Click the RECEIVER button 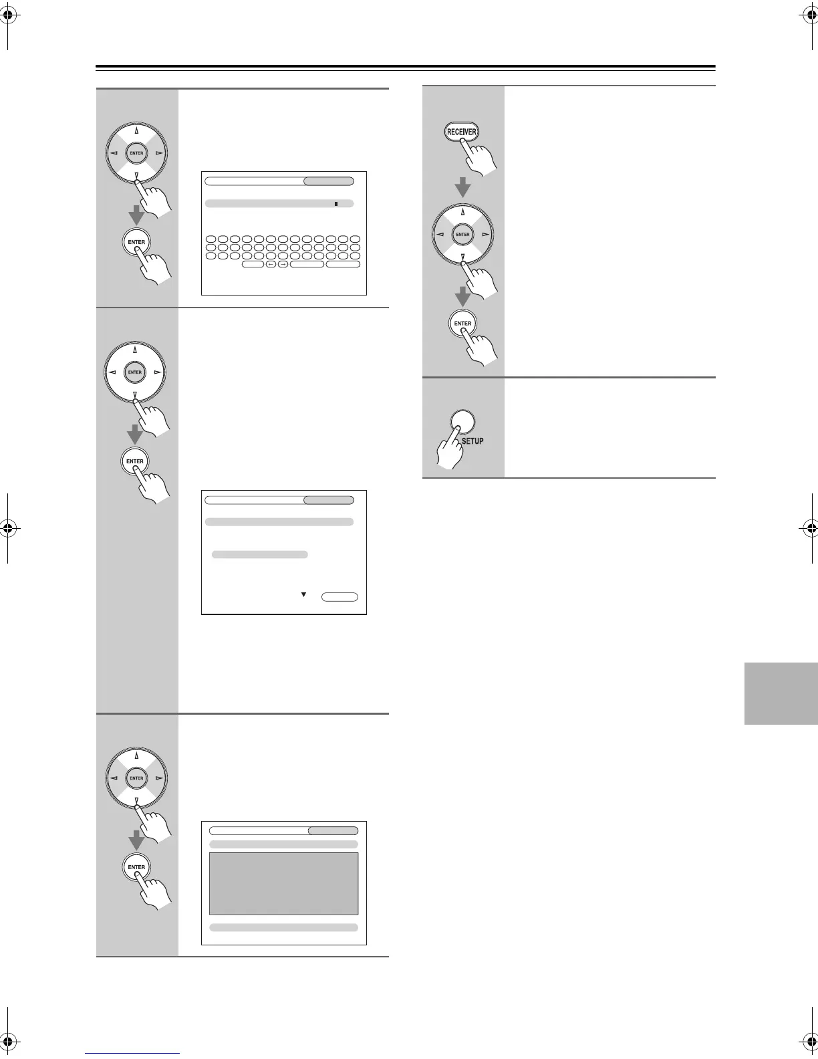tap(462, 132)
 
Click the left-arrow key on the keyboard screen tap(271, 265)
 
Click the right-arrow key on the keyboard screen tap(282, 265)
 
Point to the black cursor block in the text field tap(335, 203)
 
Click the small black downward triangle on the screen tap(303, 594)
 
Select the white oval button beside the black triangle tap(339, 597)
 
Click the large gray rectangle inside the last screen tap(283, 883)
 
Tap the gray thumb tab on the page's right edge tap(781, 693)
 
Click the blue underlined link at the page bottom tap(132, 1054)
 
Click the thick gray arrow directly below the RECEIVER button tap(462, 187)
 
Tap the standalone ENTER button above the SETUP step tap(462, 324)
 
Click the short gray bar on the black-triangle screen tap(259, 554)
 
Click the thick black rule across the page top tap(405, 67)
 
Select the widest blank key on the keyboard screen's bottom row tap(307, 265)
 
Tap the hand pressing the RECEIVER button tap(481, 158)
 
